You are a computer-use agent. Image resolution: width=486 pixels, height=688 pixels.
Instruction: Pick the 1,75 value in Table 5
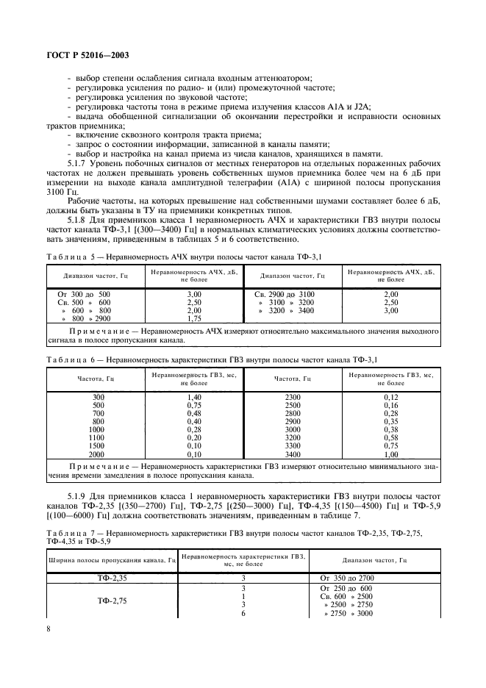coord(194,319)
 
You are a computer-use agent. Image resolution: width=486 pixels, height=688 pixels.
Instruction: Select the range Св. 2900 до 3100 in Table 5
coord(285,294)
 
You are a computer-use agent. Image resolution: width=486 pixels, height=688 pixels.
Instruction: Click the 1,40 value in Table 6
coord(194,396)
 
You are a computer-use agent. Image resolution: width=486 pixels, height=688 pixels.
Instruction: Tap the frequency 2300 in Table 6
coord(292,396)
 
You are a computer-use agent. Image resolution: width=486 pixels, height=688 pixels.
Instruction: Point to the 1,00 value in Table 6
coord(390,455)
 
